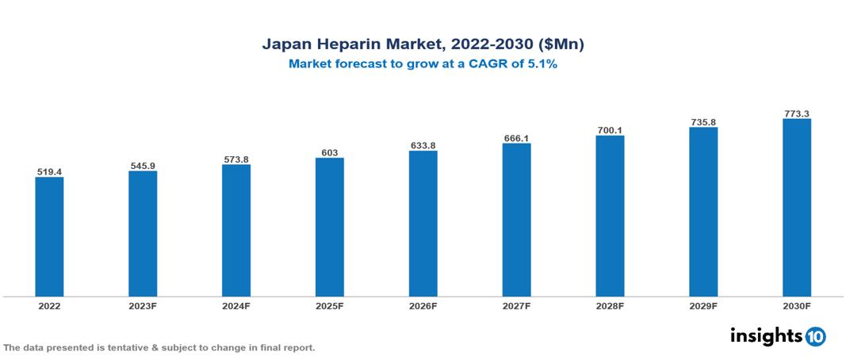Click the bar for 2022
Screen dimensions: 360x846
pos(49,236)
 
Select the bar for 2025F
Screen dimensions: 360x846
pos(329,227)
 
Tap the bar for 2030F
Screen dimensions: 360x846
pos(796,208)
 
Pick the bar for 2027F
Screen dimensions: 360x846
pos(516,220)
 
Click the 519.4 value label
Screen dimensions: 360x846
pos(49,171)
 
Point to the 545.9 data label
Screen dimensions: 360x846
pos(143,166)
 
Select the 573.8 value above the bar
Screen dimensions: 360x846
pos(236,159)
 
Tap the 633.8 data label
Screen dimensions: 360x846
pos(423,145)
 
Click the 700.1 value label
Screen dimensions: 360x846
pos(610,130)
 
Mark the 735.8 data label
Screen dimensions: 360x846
pos(703,122)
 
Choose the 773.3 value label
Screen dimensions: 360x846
pos(796,114)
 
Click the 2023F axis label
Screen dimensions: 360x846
pos(143,305)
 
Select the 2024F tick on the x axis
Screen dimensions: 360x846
pos(236,305)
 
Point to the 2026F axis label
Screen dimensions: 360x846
pos(423,305)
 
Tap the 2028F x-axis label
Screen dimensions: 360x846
pos(610,305)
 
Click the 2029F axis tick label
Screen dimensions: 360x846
pos(703,305)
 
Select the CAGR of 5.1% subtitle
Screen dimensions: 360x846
pos(423,64)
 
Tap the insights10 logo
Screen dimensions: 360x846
pos(777,336)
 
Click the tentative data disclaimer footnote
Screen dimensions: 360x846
pos(159,348)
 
